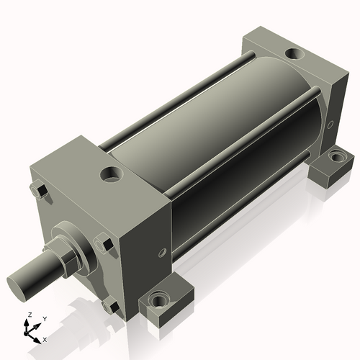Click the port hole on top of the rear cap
294,54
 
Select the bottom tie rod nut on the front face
109,307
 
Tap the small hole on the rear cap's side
330,125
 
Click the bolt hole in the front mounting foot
158,299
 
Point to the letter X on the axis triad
45,338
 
